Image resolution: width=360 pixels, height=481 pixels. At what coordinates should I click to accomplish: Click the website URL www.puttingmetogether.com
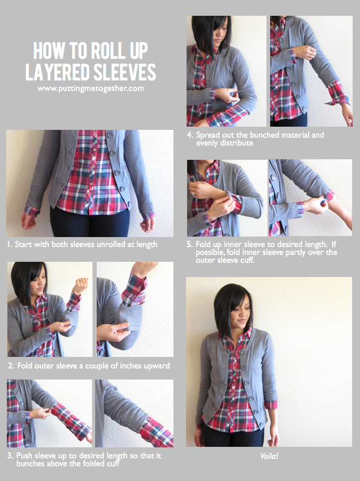click(x=90, y=89)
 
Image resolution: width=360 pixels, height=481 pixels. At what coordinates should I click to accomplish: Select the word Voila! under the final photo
click(x=269, y=455)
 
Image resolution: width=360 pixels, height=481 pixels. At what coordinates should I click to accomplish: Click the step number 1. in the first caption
click(x=10, y=244)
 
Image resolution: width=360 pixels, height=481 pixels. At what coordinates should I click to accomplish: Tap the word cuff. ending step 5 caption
click(x=248, y=260)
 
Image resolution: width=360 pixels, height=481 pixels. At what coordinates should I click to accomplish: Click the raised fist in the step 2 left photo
click(x=80, y=285)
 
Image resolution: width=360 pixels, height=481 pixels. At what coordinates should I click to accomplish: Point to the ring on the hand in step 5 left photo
click(x=196, y=194)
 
